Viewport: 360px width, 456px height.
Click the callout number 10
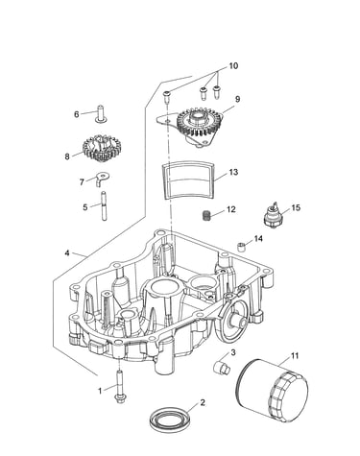pos(233,66)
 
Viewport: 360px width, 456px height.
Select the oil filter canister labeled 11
pos(272,390)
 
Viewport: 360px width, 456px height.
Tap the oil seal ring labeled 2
pos(171,419)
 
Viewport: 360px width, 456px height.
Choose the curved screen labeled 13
pos(187,181)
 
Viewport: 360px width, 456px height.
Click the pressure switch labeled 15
pos(273,216)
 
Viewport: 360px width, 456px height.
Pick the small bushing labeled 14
pos(243,247)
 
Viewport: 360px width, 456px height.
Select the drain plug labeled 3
pos(222,367)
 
